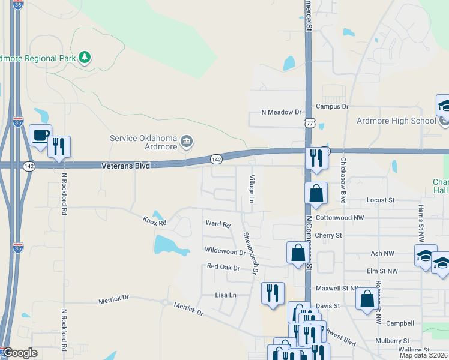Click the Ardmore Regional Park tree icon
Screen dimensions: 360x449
click(x=85, y=57)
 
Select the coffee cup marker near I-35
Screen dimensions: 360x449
click(x=40, y=136)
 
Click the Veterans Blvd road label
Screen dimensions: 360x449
click(x=125, y=164)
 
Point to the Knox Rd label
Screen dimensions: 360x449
click(x=154, y=221)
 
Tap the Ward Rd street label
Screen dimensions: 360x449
click(x=218, y=224)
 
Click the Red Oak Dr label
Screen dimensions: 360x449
click(x=223, y=266)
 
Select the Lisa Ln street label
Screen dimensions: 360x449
click(x=226, y=295)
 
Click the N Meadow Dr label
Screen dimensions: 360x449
click(x=281, y=112)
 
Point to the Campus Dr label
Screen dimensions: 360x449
click(x=332, y=107)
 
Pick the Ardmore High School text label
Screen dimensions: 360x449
click(x=396, y=121)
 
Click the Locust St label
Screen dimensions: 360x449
click(x=382, y=199)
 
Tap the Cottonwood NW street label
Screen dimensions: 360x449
click(x=339, y=217)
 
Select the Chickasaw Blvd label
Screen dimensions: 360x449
click(x=344, y=180)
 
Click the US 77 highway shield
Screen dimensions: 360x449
click(x=309, y=122)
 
